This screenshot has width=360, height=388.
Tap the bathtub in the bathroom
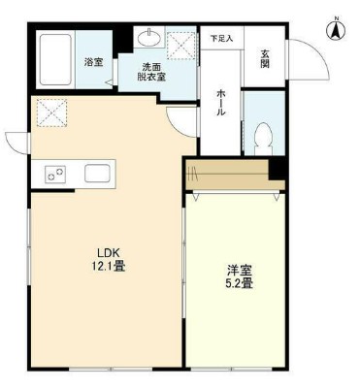pos(55,59)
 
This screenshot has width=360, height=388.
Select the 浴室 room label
pos(94,62)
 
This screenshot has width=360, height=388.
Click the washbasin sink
pos(149,39)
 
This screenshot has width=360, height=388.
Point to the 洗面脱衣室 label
pos(151,72)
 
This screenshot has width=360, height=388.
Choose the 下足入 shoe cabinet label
pos(222,39)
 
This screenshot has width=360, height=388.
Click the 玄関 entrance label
pos(265,59)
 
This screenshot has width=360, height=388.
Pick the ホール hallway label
pos(221,103)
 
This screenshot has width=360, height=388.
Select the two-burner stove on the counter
pos(55,174)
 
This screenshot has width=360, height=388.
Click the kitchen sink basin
pos(97,174)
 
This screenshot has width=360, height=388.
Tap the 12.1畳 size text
pos(109,266)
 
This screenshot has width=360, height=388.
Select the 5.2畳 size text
pos(239,283)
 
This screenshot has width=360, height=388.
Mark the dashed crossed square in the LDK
pos(51,113)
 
